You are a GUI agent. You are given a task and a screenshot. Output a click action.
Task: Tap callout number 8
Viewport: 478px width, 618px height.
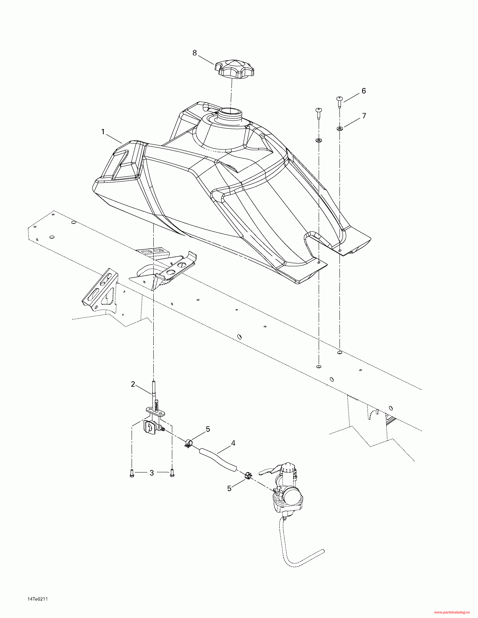pyautogui.click(x=195, y=53)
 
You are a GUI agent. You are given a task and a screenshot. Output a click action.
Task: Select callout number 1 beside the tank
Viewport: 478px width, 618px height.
pyautogui.click(x=103, y=132)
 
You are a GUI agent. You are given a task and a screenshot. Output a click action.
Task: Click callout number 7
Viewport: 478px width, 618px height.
pyautogui.click(x=364, y=116)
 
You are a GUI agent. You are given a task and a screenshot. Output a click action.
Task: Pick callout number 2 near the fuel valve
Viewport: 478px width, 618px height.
pyautogui.click(x=133, y=384)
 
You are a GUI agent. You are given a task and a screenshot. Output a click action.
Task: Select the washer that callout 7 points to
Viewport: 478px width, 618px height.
pyautogui.click(x=339, y=129)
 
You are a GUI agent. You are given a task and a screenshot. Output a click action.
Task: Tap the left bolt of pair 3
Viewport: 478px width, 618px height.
pyautogui.click(x=131, y=473)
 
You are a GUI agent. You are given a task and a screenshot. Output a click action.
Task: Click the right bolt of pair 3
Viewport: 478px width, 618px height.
pyautogui.click(x=172, y=473)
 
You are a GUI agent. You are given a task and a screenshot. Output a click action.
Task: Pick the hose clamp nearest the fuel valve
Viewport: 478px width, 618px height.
pyautogui.click(x=189, y=444)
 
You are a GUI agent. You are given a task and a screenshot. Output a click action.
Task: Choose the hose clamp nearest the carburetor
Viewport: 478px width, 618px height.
pyautogui.click(x=248, y=475)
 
